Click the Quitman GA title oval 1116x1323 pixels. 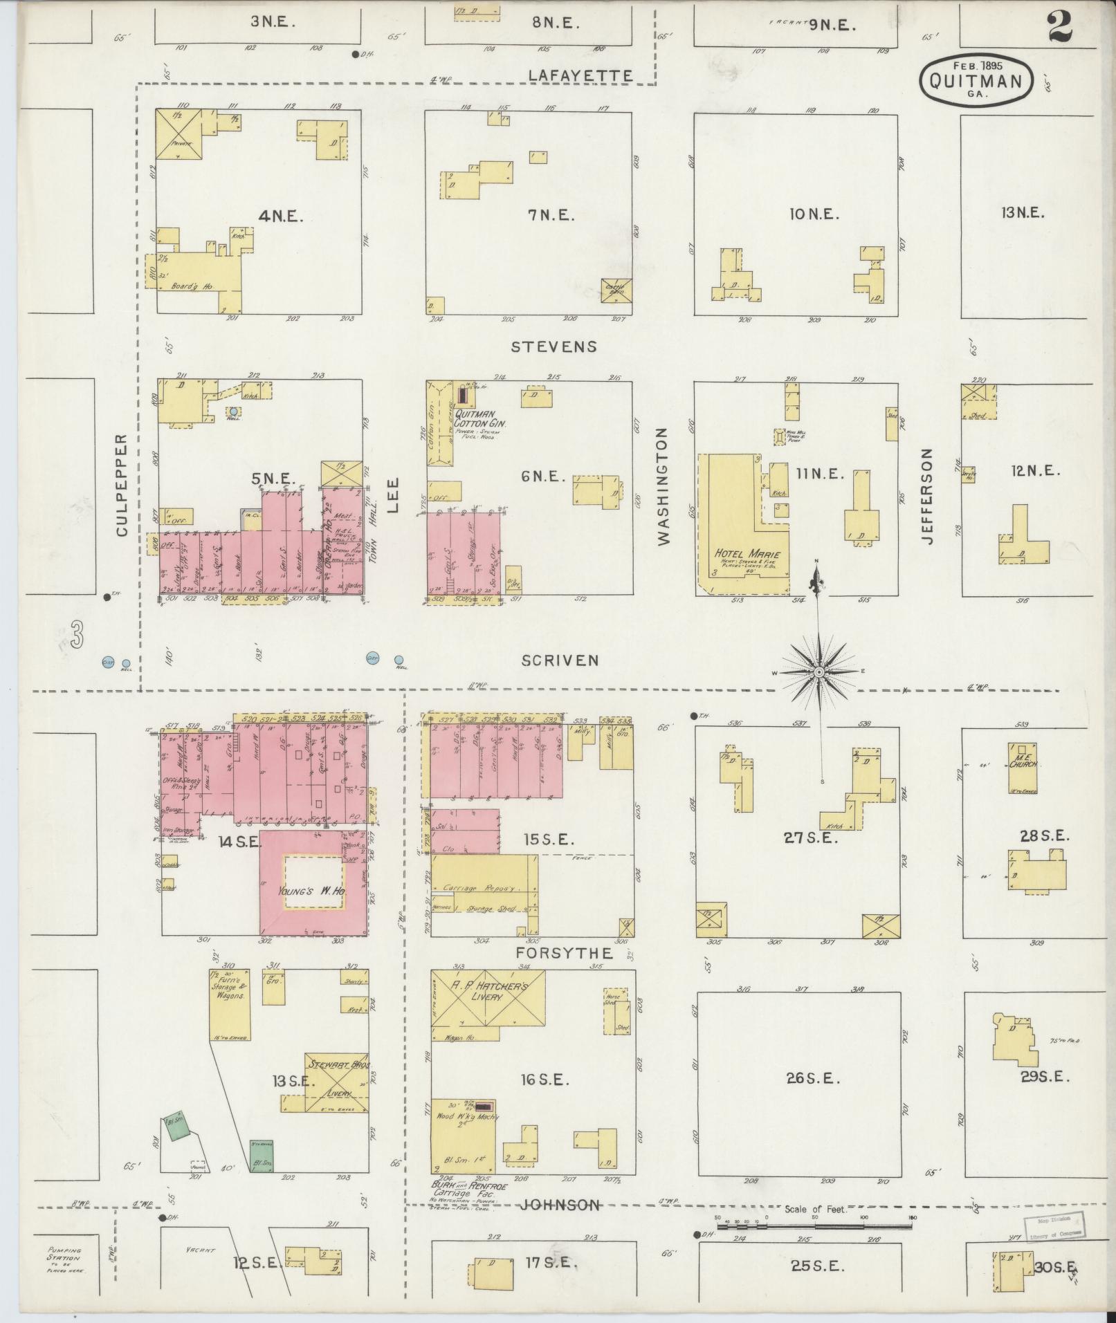point(976,81)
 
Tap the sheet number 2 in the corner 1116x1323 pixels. point(1059,29)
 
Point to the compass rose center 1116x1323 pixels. point(819,672)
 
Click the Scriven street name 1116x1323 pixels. point(560,660)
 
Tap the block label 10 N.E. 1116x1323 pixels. point(813,214)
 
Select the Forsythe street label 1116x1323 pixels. point(564,953)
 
